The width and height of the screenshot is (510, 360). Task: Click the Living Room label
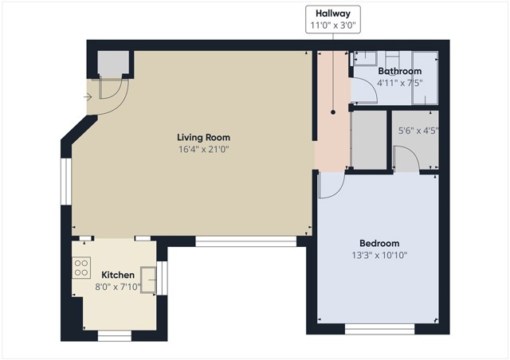pyautogui.click(x=204, y=137)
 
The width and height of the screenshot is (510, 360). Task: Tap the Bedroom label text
pyautogui.click(x=379, y=243)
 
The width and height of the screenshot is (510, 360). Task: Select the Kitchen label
pyautogui.click(x=118, y=275)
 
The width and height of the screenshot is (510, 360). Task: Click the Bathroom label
pyautogui.click(x=400, y=71)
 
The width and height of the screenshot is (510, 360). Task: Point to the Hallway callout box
pyautogui.click(x=333, y=19)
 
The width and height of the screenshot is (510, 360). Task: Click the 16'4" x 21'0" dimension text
pyautogui.click(x=204, y=150)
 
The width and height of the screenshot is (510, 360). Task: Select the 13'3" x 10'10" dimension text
pyautogui.click(x=379, y=256)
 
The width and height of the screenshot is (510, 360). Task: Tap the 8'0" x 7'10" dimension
pyautogui.click(x=118, y=288)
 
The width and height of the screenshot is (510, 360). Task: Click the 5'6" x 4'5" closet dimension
pyautogui.click(x=418, y=131)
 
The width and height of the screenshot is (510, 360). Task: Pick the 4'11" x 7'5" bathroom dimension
pyautogui.click(x=400, y=83)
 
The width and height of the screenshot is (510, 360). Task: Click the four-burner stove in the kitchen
pyautogui.click(x=81, y=268)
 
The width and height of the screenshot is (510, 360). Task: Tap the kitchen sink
pyautogui.click(x=148, y=280)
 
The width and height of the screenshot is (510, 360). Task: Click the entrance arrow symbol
pyautogui.click(x=88, y=97)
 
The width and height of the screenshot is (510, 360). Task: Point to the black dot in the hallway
pyautogui.click(x=333, y=112)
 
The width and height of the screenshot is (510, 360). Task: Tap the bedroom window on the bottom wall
pyautogui.click(x=379, y=329)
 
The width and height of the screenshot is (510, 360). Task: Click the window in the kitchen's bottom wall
pyautogui.click(x=115, y=336)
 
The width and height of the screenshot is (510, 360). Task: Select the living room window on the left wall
pyautogui.click(x=66, y=182)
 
